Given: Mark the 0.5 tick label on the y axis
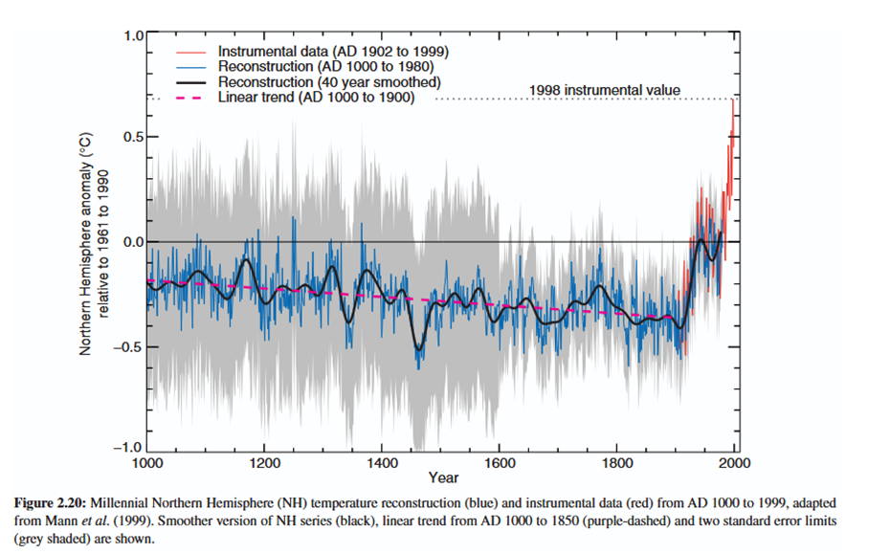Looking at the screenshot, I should [x=130, y=138].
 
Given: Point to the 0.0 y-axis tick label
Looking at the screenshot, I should [x=130, y=242].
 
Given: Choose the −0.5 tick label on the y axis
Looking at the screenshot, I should [x=127, y=346].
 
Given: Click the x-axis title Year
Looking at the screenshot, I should [x=443, y=477].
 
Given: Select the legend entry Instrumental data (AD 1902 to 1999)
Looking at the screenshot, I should [x=333, y=50].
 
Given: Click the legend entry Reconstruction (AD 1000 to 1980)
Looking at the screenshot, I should [x=326, y=66].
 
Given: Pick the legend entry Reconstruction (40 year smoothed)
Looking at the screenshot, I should [x=328, y=82].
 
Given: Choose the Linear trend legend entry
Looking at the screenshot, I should [x=316, y=98].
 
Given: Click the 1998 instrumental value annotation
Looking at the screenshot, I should [x=604, y=90].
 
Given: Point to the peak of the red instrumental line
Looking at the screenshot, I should [x=733, y=100].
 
